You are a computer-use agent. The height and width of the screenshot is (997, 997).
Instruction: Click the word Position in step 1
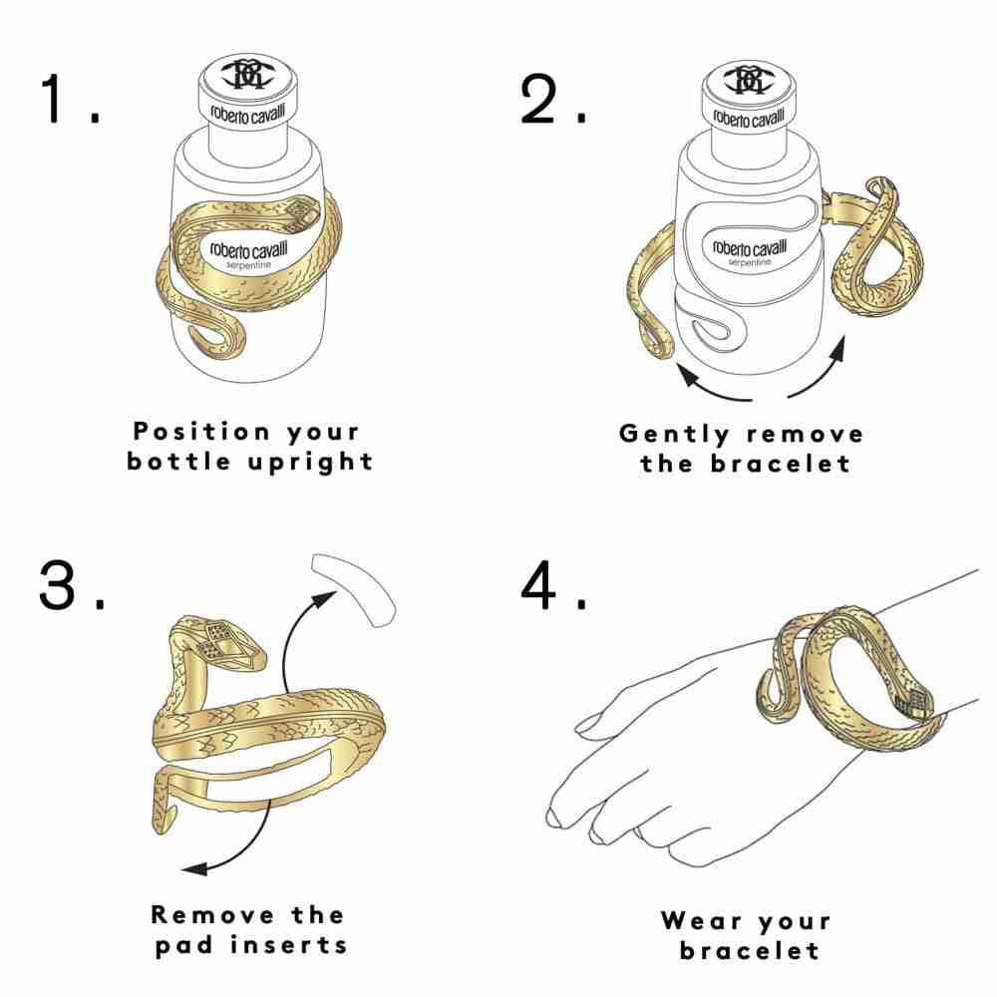pos(202,431)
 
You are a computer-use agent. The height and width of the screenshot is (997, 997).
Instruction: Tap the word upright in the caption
pos(310,463)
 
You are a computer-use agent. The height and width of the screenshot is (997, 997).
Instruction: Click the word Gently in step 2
pos(674,435)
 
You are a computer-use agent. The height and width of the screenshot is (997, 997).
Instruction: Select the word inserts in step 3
pos(289,945)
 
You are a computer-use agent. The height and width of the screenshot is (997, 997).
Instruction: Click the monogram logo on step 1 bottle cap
pos(248,74)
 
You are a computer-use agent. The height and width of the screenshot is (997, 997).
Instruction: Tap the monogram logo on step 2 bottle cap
pos(749,79)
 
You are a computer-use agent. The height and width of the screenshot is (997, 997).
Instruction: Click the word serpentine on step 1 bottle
pos(249,265)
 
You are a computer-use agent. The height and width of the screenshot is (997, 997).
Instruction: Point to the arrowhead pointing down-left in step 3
pos(194,868)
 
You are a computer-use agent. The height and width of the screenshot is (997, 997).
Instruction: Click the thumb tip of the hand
pos(583,725)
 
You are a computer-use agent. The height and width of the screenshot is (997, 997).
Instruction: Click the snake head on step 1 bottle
pos(299,214)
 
